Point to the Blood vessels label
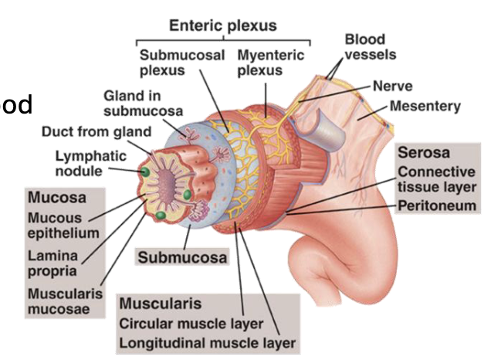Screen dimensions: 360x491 [x=370, y=46]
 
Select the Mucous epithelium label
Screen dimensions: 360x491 [x=63, y=226]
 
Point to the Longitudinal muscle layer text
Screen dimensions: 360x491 [x=208, y=342]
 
